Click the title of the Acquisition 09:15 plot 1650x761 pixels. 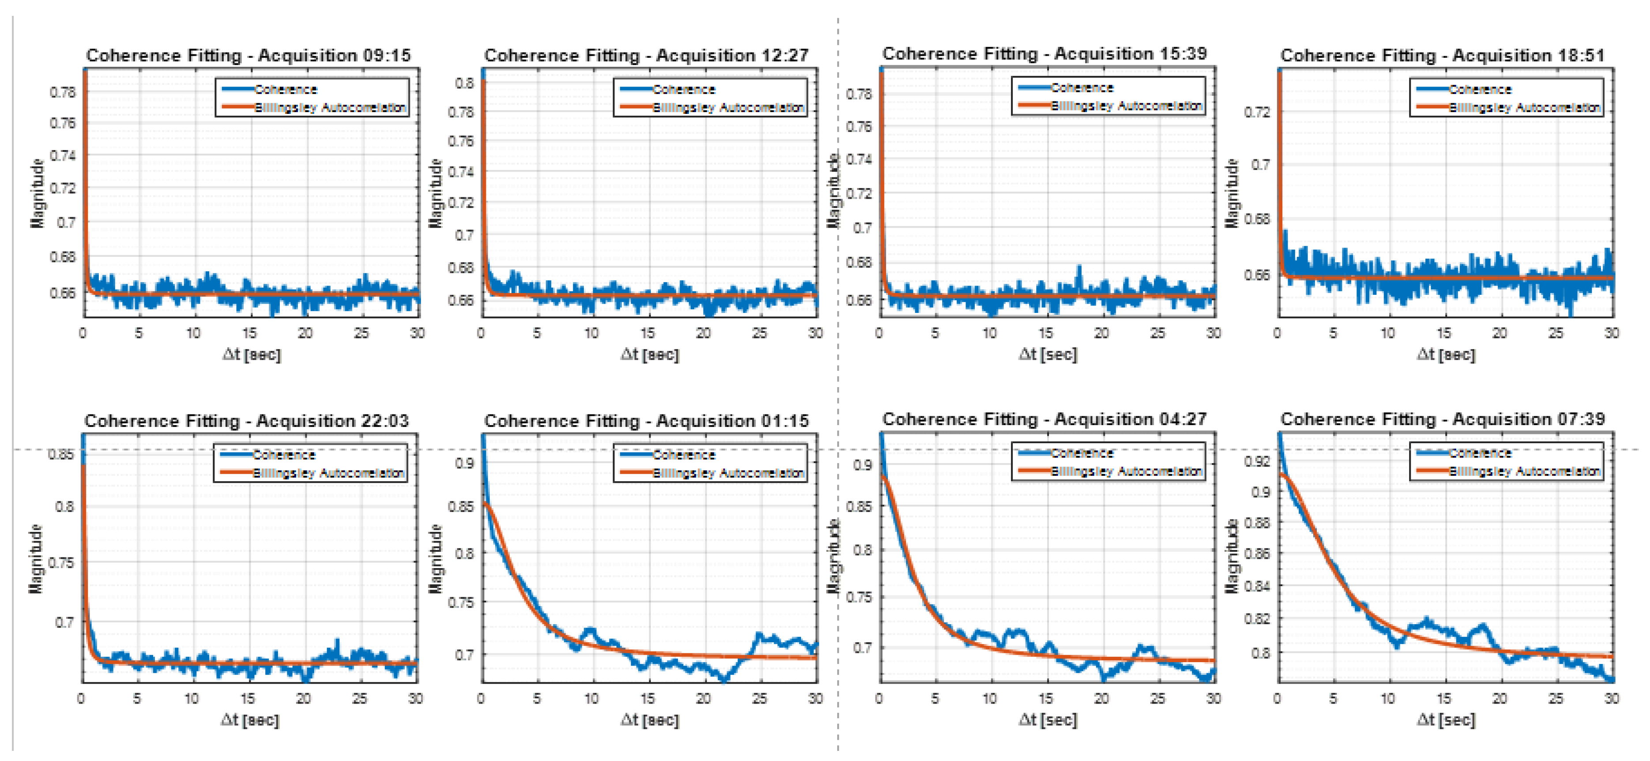click(x=248, y=55)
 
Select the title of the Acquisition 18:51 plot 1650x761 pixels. click(x=1443, y=55)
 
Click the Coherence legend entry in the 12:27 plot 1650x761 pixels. click(x=683, y=90)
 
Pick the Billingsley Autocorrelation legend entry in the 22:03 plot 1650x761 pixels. click(x=328, y=473)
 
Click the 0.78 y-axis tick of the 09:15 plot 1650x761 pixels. click(x=63, y=92)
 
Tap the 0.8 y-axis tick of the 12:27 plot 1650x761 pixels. click(x=464, y=83)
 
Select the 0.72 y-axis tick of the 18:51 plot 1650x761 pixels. click(x=1257, y=112)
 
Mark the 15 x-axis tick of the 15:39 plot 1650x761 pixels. click(x=1045, y=333)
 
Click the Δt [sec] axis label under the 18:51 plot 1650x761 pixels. click(x=1446, y=354)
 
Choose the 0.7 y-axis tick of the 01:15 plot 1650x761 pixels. click(x=464, y=655)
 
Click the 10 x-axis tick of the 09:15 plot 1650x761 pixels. click(x=193, y=333)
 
